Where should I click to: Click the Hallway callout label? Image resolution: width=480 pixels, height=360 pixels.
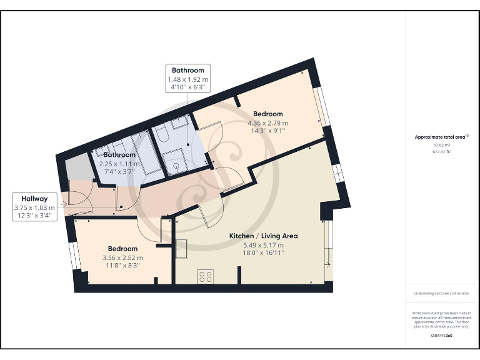35,199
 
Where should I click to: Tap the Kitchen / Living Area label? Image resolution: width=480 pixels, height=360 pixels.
263,236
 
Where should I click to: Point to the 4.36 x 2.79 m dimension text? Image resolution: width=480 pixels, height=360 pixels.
267,123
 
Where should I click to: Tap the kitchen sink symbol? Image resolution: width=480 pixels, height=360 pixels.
182,249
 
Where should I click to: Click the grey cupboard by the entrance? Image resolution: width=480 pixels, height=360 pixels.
76,167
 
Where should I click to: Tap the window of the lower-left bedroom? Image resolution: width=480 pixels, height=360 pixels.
75,254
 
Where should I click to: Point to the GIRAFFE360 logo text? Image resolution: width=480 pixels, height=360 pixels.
441,337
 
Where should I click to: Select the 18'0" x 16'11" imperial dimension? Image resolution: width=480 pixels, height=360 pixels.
263,253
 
